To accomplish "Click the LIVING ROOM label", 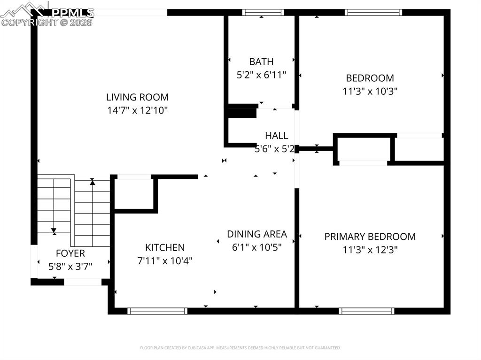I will click(137, 97).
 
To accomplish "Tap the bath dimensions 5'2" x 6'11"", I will click(261, 74).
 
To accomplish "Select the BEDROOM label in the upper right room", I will click(370, 78).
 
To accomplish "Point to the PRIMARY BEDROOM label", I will click(370, 237).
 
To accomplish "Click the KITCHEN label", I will click(164, 247).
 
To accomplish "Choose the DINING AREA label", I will click(256, 234).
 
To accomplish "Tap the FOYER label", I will click(70, 253).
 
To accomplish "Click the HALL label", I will click(276, 136).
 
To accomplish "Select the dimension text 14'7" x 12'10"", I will click(137, 110).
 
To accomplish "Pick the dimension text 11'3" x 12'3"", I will click(370, 250).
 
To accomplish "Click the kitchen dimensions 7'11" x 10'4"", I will click(164, 260).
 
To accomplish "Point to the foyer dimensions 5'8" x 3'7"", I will click(70, 266).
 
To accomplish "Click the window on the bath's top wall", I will click(263, 13).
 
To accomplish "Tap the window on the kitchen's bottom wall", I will click(157, 311).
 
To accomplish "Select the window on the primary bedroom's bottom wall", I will click(366, 311).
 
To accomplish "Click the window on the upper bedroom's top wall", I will click(373, 13).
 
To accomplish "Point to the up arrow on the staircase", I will click(93, 182).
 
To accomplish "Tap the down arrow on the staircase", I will click(54, 230).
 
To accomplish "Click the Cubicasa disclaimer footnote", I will click(240, 348).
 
